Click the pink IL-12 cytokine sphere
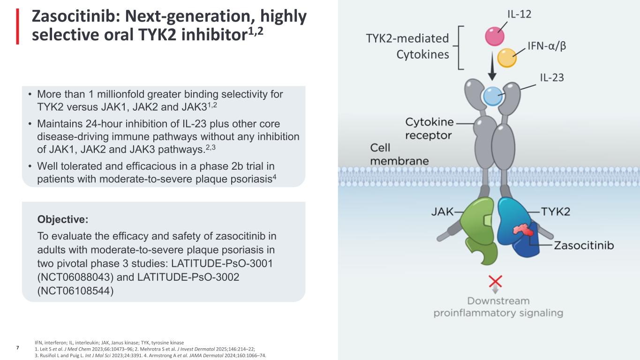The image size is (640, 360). [x=495, y=36]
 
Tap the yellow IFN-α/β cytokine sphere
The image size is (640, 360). [x=507, y=58]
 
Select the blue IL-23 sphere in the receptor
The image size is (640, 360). [x=493, y=96]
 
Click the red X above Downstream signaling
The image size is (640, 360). [x=496, y=281]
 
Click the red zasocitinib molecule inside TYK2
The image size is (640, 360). [x=523, y=230]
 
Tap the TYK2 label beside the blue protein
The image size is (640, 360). [x=556, y=212]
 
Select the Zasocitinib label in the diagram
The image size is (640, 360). [x=584, y=246]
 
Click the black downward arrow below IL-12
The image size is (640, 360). [x=492, y=66]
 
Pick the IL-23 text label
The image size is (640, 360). [x=552, y=78]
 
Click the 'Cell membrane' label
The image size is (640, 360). [x=399, y=155]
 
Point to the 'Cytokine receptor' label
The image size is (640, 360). [x=429, y=128]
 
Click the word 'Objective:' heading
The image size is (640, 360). [x=63, y=219]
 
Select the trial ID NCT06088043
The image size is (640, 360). [x=75, y=277]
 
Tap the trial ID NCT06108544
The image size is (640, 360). [x=75, y=291]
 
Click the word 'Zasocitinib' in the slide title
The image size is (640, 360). [x=76, y=16]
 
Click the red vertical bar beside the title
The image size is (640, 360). [x=17, y=26]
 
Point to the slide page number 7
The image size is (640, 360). [x=18, y=348]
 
